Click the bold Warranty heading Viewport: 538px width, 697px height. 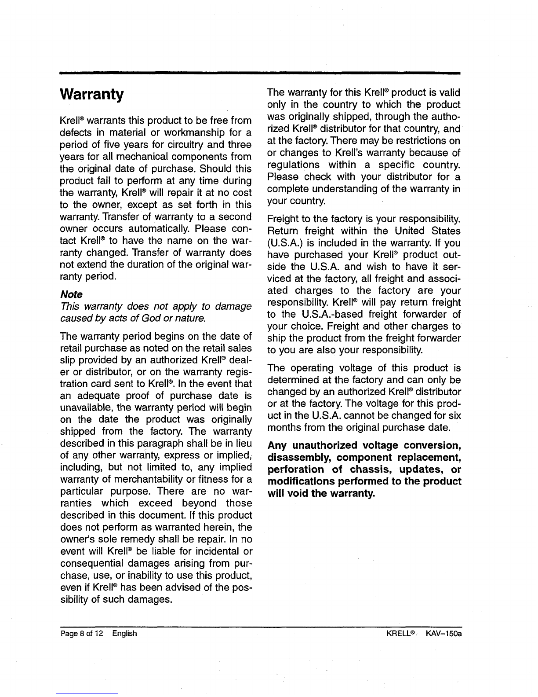coord(92,95)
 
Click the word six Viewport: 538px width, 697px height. coord(455,415)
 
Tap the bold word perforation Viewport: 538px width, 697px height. coord(294,469)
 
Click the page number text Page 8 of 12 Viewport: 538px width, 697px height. coord(80,633)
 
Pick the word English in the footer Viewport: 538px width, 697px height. coord(124,633)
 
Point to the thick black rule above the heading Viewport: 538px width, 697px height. coord(259,73)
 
